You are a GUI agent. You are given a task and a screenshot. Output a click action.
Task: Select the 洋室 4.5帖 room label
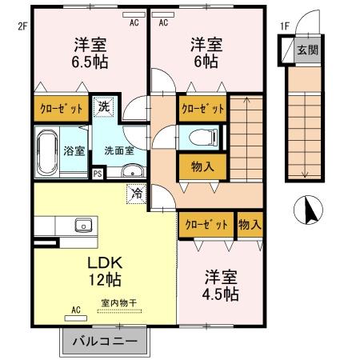pos(219,286)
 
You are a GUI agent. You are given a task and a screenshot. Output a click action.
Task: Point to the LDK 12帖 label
pos(104,271)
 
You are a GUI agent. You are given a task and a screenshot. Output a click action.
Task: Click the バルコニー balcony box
pos(104,342)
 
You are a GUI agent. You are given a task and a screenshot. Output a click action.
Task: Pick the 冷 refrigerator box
pos(137,193)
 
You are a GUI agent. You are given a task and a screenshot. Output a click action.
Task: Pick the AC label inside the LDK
pos(77,310)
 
